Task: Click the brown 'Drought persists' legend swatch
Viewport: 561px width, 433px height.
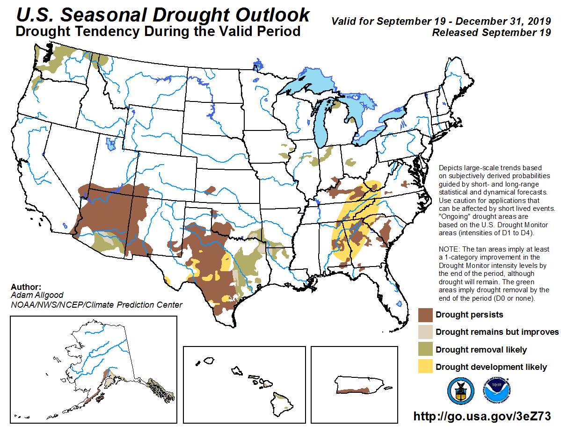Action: click(x=425, y=315)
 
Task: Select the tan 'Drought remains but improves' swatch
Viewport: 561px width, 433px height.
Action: click(x=425, y=332)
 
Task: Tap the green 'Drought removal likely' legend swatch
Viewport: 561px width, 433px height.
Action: click(x=425, y=349)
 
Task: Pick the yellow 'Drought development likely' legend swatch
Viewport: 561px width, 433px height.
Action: click(x=425, y=367)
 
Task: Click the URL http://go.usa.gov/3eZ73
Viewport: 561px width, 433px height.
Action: click(x=481, y=416)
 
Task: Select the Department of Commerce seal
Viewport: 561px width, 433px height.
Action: click(x=460, y=391)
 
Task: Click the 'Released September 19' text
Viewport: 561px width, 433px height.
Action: click(x=491, y=33)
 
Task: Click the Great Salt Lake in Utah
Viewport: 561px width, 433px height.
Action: click(x=110, y=144)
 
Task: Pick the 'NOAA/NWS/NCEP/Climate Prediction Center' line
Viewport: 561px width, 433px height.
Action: click(x=96, y=305)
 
